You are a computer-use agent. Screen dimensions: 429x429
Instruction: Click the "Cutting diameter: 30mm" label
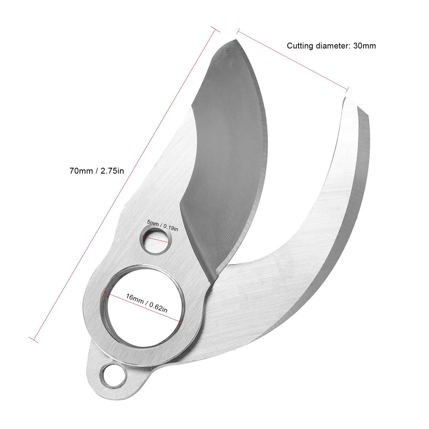pos(331,45)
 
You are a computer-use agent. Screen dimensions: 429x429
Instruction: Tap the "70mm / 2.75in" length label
pos(97,171)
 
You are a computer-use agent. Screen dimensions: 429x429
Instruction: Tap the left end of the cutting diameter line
pos(237,30)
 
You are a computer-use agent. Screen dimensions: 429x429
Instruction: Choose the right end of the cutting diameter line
pos(347,89)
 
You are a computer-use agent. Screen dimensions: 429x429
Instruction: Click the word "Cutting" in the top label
pos(300,45)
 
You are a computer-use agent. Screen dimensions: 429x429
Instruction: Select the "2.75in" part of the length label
pos(112,171)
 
